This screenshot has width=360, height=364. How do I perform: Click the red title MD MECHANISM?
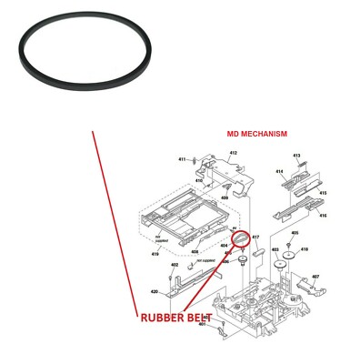256,134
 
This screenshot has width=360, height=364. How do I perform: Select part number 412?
233,153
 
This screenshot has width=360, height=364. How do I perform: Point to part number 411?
182,159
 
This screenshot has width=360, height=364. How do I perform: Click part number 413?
296,157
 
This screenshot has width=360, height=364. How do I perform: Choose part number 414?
279,171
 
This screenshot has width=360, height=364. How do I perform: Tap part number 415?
323,193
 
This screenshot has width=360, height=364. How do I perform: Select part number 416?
323,215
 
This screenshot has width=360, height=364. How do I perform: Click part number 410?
198,180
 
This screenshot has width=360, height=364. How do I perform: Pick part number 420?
155,292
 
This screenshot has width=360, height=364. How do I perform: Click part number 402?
174,265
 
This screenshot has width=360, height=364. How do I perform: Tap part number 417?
255,238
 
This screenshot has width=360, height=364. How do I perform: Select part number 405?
295,233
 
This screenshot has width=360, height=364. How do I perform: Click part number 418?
305,248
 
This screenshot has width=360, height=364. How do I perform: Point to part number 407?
315,277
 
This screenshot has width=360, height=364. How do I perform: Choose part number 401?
202,325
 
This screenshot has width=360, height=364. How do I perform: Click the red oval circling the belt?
241,238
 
